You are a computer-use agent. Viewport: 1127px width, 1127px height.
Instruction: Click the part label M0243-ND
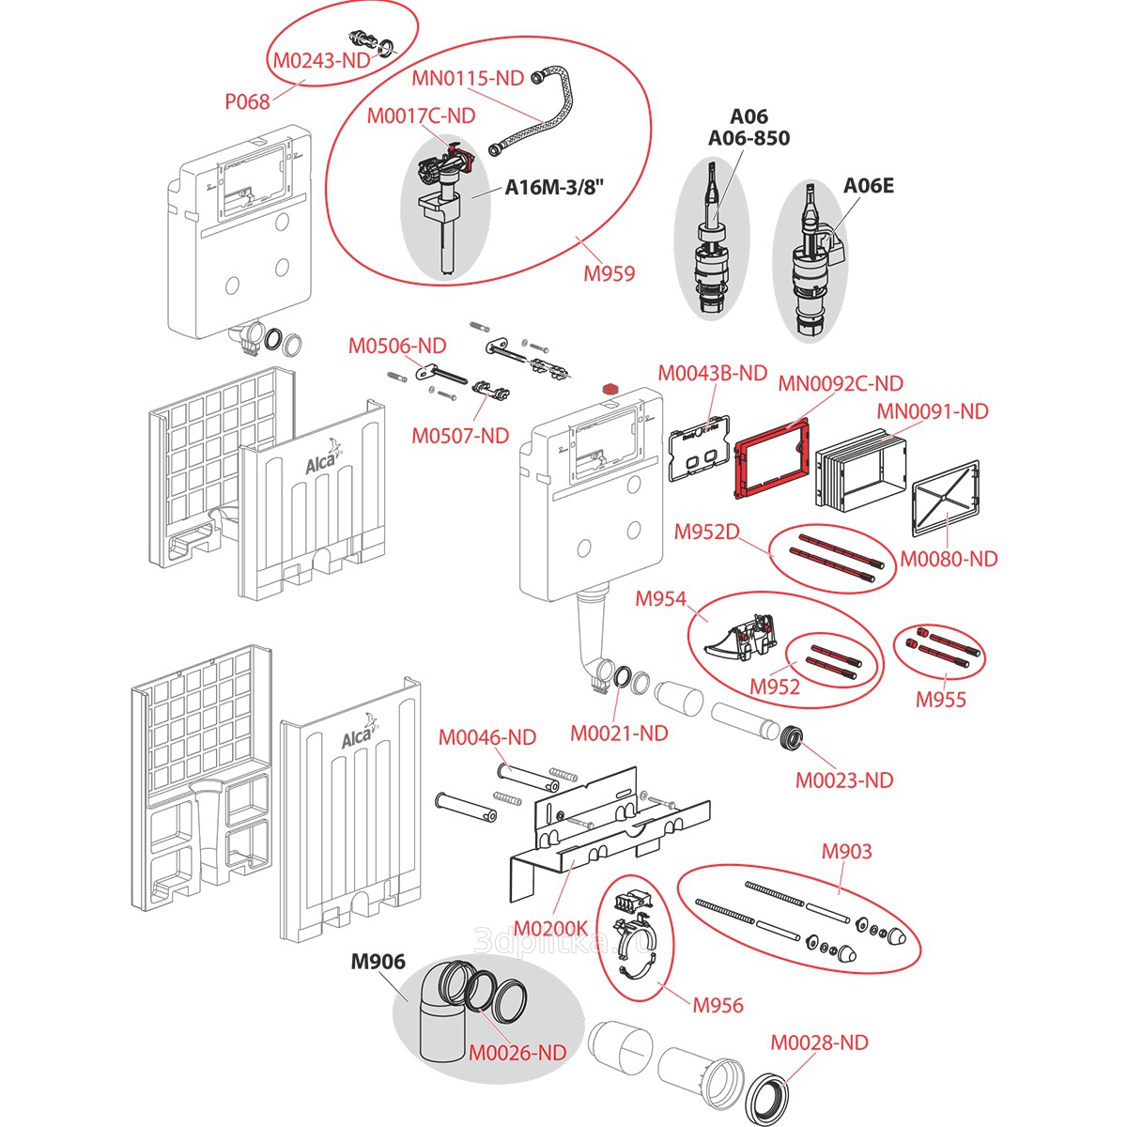322,60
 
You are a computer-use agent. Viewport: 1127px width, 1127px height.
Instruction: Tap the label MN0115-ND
468,78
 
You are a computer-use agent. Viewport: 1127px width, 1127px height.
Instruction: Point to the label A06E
868,185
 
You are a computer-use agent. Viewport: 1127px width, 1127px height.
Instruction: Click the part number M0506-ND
397,346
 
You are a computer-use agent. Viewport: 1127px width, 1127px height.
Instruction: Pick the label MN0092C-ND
841,383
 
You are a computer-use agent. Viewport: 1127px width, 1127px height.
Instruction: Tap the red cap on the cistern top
611,386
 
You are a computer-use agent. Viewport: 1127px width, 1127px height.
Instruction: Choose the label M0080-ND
949,559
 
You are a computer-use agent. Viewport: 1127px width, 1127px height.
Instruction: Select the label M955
940,699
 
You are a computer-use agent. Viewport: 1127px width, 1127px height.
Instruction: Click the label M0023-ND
844,780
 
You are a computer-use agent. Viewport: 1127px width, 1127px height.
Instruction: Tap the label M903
846,851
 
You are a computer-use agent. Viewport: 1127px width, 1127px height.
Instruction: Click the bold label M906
378,962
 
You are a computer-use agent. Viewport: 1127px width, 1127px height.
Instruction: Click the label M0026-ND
517,1053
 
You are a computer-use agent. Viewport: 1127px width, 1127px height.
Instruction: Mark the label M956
718,1005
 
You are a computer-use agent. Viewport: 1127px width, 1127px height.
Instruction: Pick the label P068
247,101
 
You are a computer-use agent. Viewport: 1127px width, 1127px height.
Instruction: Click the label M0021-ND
620,733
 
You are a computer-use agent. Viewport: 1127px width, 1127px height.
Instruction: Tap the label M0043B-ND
712,373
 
